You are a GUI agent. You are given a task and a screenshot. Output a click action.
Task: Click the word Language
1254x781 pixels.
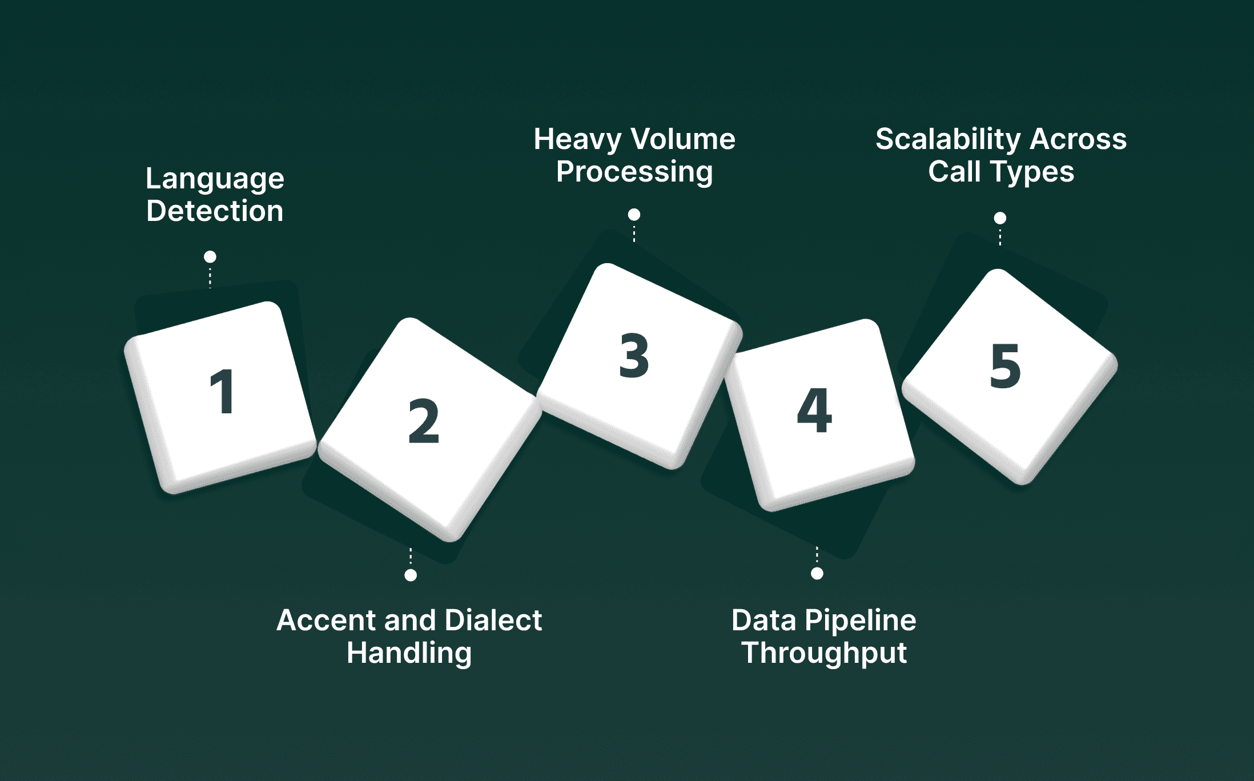click(215, 179)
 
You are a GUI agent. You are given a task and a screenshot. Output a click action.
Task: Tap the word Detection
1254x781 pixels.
click(215, 211)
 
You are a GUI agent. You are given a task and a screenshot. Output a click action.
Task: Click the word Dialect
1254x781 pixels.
click(493, 620)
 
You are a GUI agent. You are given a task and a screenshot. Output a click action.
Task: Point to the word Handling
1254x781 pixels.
click(409, 653)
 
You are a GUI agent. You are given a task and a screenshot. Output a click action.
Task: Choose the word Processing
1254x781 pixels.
click(634, 172)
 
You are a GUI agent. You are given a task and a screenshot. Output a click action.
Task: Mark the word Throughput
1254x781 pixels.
click(824, 653)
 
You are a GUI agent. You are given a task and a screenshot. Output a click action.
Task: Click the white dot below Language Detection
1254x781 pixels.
click(210, 257)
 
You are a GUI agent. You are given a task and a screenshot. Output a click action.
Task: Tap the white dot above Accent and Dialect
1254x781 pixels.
click(411, 575)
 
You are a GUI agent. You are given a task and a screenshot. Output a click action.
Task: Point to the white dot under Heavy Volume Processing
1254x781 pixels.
click(634, 215)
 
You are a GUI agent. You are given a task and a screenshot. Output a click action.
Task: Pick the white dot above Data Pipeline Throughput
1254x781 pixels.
click(817, 573)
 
